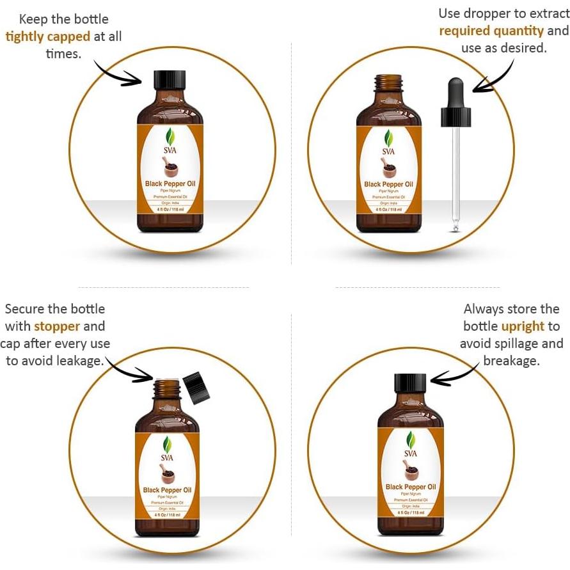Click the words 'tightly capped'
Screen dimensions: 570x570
tap(47, 36)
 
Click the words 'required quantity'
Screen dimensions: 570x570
tap(491, 31)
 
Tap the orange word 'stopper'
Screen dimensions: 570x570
tap(57, 326)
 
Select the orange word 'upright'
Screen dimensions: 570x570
tap(523, 326)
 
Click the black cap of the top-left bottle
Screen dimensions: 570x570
tap(170, 80)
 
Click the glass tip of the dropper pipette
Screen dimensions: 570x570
tap(455, 225)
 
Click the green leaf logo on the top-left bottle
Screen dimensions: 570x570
tap(170, 136)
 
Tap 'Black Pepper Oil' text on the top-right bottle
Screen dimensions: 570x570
tap(388, 184)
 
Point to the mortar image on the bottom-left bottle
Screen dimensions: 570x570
tap(168, 474)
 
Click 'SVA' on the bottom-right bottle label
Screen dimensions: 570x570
tap(410, 454)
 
